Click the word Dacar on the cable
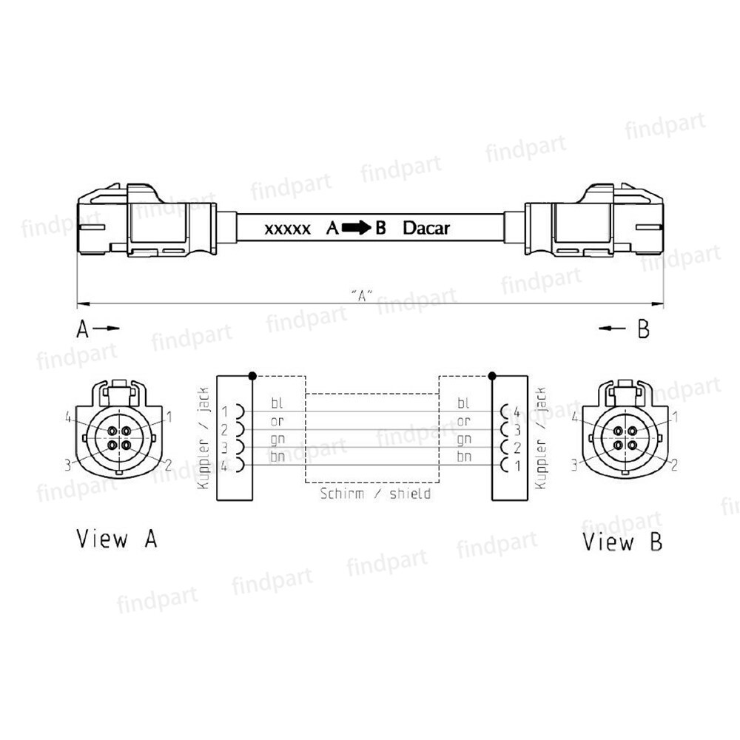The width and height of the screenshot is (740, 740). tap(425, 228)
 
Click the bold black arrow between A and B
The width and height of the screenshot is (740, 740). tap(357, 228)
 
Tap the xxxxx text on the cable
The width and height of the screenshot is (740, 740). tap(287, 229)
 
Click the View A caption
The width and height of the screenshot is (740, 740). tap(117, 539)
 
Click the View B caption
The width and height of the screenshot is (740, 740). tap(622, 542)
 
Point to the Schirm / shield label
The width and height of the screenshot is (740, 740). tap(375, 493)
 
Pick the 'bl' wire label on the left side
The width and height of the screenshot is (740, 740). tap(277, 403)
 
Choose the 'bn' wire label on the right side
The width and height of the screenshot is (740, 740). tap(464, 457)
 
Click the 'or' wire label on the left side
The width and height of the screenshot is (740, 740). tap(277, 421)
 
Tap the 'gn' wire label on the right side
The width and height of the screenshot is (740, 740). tap(464, 439)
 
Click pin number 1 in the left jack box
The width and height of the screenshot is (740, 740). tap(225, 411)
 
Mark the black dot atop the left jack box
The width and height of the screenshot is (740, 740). tap(253, 375)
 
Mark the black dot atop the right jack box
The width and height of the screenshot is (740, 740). tap(491, 375)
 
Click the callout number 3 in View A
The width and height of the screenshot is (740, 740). tap(67, 465)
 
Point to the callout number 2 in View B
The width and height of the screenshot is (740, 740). tap(674, 465)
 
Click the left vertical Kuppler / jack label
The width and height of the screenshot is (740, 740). tap(204, 438)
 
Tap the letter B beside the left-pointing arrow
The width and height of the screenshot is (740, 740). tap(643, 329)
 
